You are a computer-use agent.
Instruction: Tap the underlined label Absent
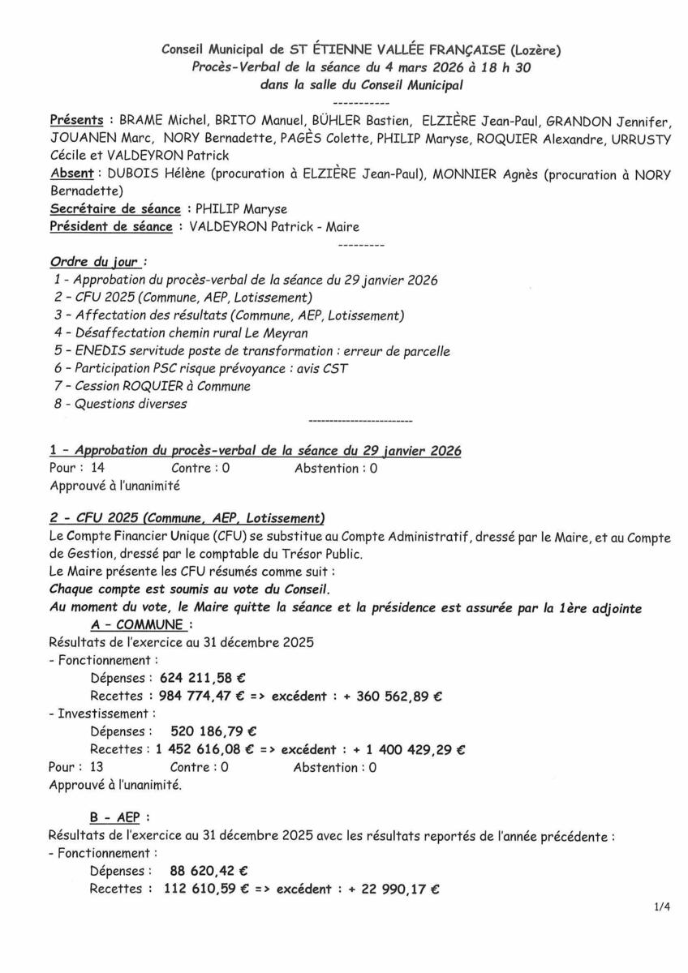[71, 174]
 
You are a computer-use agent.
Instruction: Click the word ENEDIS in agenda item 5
[100, 351]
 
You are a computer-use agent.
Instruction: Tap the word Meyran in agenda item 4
[284, 333]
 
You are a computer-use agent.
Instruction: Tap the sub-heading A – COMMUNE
[140, 624]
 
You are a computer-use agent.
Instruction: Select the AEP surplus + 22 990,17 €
[389, 889]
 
